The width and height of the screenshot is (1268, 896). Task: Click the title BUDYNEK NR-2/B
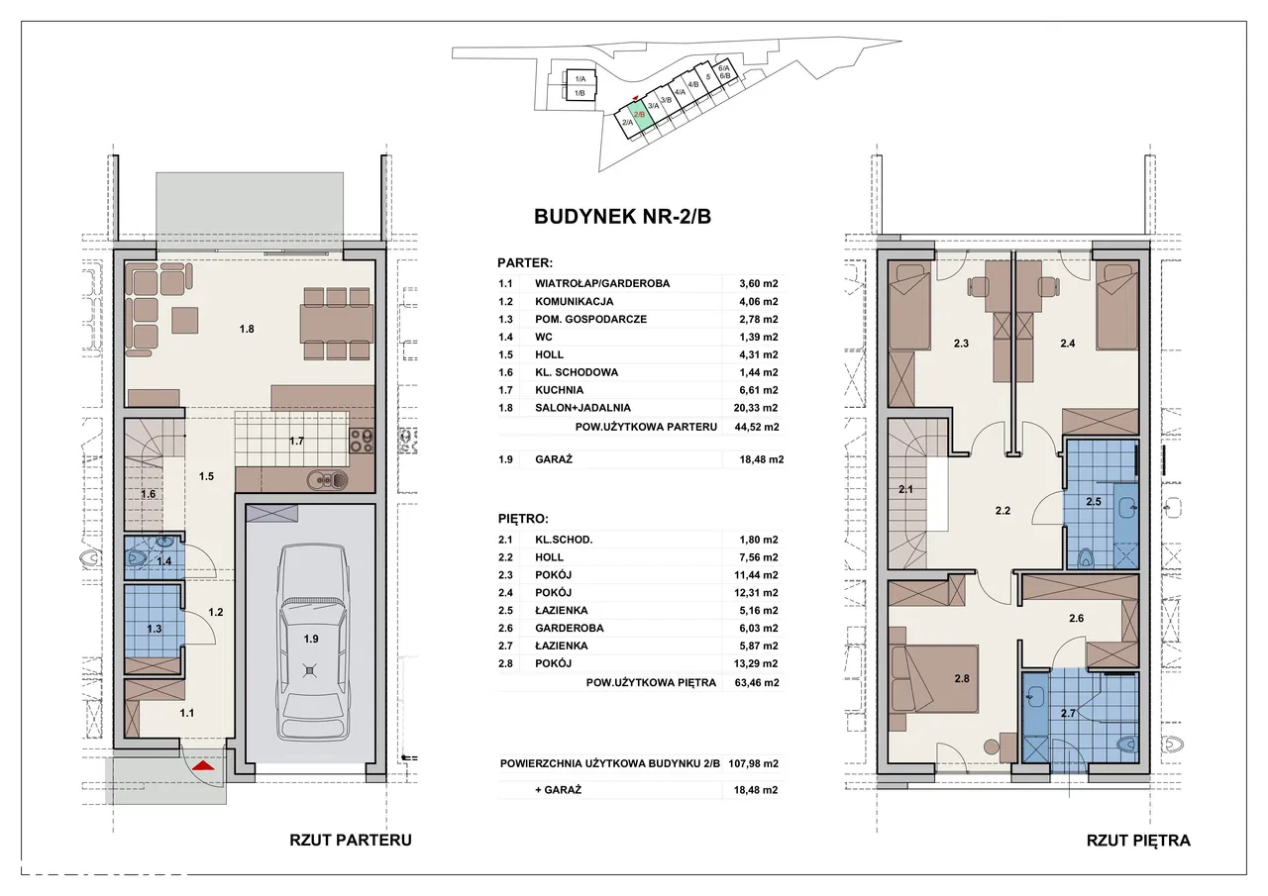(x=623, y=217)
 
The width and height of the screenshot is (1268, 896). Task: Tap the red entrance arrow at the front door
(x=203, y=766)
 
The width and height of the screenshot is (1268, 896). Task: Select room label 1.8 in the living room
(x=247, y=330)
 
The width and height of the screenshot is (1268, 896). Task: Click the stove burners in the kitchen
(x=362, y=442)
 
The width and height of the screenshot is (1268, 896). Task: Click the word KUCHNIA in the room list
(x=559, y=390)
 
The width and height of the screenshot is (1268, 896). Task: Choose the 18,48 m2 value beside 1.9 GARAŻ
(x=762, y=459)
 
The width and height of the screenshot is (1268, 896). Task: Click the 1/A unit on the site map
(x=580, y=78)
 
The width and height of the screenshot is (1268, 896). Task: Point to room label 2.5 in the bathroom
(x=1094, y=502)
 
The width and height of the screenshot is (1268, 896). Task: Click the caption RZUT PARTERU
(x=351, y=840)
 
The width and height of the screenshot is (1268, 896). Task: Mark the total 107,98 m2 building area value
(x=754, y=763)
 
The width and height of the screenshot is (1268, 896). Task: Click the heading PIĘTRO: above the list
(x=523, y=519)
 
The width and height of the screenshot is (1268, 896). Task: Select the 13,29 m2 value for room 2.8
(x=756, y=663)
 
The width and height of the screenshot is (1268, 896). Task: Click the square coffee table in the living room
(x=185, y=320)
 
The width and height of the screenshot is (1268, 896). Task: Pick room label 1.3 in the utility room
(x=154, y=629)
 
